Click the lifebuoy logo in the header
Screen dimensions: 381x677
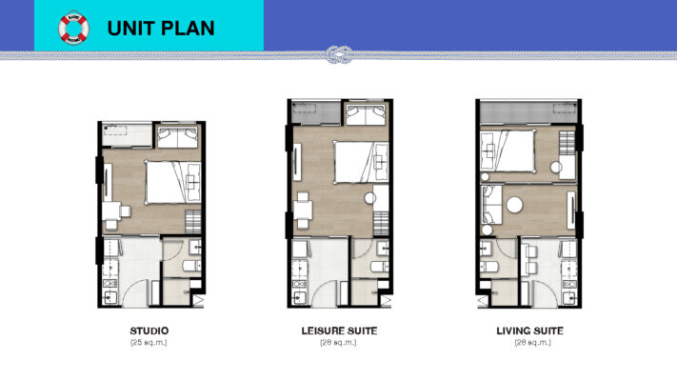[72, 29]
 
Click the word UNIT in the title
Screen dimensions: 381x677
[132, 29]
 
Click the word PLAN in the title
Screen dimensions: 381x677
[187, 29]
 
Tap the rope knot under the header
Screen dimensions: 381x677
[337, 54]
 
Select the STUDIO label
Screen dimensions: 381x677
[149, 331]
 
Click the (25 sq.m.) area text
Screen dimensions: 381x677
[149, 342]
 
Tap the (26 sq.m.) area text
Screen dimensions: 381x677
[338, 342]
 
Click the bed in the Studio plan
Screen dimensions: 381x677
[172, 181]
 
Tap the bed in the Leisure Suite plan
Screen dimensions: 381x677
[358, 162]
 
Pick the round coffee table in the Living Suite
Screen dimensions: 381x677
[514, 204]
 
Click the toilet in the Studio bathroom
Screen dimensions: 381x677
[189, 265]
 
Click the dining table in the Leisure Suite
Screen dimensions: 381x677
[304, 207]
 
